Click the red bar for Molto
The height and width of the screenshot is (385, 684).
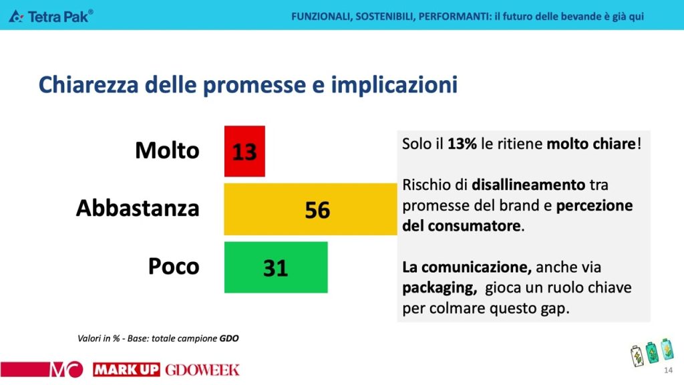click(244, 152)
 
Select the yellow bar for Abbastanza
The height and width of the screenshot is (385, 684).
click(311, 209)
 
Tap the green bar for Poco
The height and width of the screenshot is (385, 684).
click(276, 267)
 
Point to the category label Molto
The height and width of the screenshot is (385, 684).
click(167, 150)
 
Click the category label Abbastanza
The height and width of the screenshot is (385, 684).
click(138, 208)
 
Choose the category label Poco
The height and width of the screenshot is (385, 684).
click(174, 266)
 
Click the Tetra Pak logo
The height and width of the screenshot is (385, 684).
click(51, 16)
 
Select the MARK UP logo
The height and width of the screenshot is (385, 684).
click(126, 370)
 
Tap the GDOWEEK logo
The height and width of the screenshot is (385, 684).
click(202, 370)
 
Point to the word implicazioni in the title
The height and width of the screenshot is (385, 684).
click(394, 85)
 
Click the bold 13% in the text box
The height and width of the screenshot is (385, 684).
click(462, 144)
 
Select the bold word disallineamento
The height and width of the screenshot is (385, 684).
click(528, 184)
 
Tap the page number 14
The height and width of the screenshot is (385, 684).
click(668, 370)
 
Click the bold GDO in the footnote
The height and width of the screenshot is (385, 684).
click(229, 338)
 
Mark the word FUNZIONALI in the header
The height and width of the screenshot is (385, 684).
click(321, 17)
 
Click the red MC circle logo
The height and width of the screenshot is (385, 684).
click(66, 370)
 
